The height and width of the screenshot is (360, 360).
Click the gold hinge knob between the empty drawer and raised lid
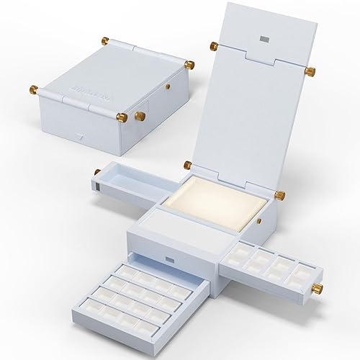(187, 165)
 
